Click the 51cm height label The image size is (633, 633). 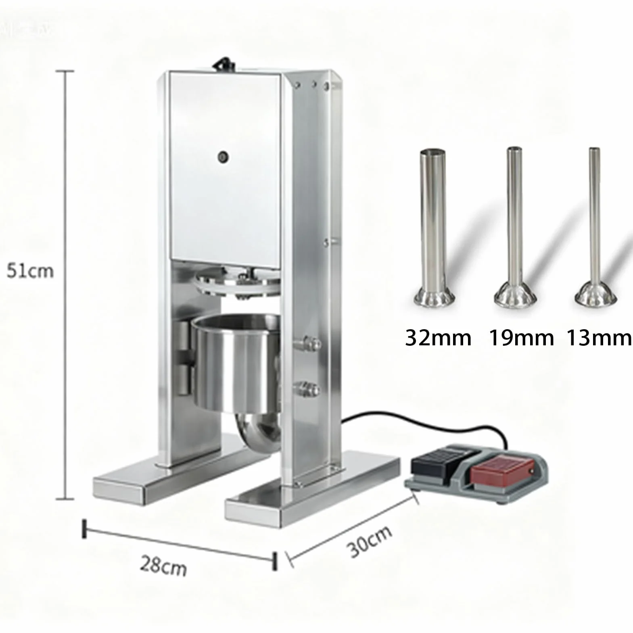(30, 271)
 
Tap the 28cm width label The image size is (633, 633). (163, 566)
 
